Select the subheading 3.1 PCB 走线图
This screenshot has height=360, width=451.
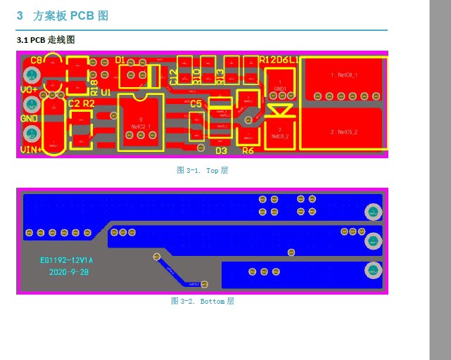point(46,40)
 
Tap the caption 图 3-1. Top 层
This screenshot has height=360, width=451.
point(202,170)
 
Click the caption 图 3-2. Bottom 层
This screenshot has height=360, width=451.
point(202,301)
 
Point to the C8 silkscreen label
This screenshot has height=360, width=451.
point(37,61)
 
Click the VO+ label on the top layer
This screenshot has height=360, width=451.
point(29,89)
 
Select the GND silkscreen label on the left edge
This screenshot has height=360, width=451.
point(29,118)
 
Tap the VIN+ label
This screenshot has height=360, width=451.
point(31,149)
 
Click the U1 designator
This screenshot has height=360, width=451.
point(106,92)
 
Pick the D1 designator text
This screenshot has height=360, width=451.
point(120,60)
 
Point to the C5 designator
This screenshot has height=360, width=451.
point(196,103)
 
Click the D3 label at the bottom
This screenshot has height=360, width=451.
point(221,150)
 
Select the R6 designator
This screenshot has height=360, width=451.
point(248,150)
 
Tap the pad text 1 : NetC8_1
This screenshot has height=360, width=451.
point(343,75)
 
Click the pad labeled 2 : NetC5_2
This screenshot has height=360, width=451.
point(343,131)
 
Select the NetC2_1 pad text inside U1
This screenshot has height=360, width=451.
point(141,126)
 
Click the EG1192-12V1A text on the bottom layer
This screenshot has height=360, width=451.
point(66,260)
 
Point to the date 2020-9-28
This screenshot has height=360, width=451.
point(69,271)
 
